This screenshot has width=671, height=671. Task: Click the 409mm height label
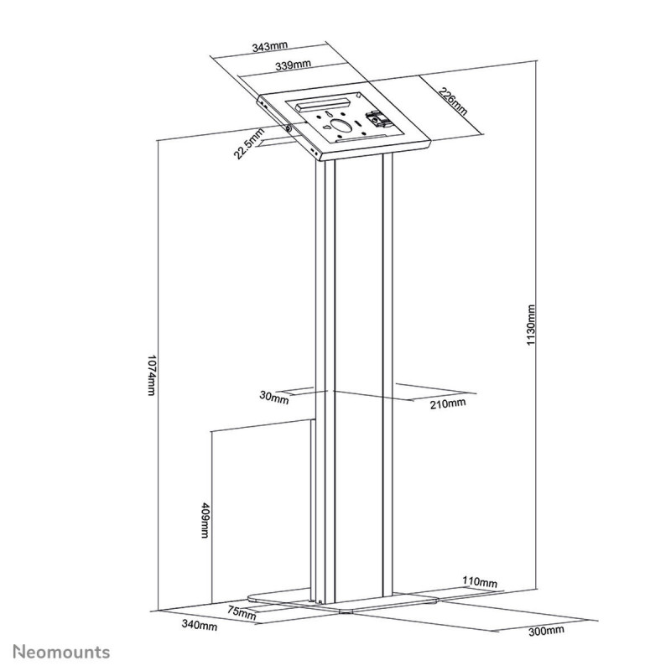pos(205,522)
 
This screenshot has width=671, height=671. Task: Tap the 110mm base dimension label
pos(480,582)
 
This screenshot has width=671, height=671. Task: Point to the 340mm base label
pos(201,626)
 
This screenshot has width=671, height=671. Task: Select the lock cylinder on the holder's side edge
pos(290,128)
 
